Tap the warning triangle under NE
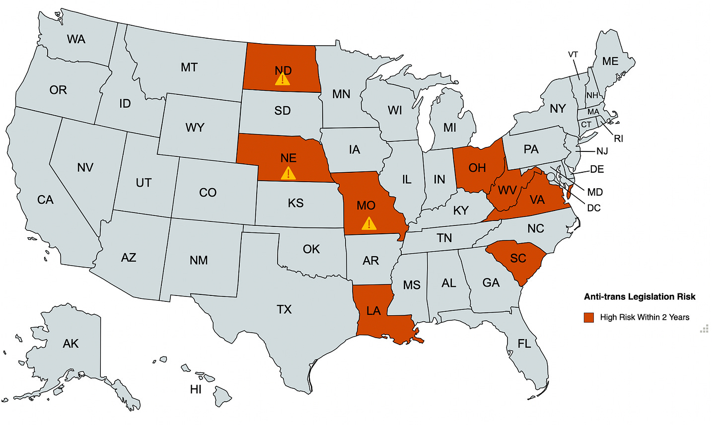[x=288, y=173]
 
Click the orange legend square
[x=589, y=317]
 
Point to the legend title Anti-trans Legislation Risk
[x=640, y=297]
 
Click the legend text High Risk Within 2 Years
[x=645, y=317]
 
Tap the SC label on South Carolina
[x=518, y=258]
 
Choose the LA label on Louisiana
[x=373, y=311]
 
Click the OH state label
[x=477, y=168]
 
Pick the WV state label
[x=507, y=190]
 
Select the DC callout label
[x=594, y=208]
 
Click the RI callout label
[x=618, y=139]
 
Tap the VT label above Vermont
[x=573, y=55]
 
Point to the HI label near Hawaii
[x=196, y=389]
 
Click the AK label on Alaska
[x=71, y=344]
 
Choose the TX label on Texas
[x=284, y=310]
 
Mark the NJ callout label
[x=602, y=151]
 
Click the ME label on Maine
[x=610, y=61]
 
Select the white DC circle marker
[x=551, y=176]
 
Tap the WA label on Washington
[x=76, y=39]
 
